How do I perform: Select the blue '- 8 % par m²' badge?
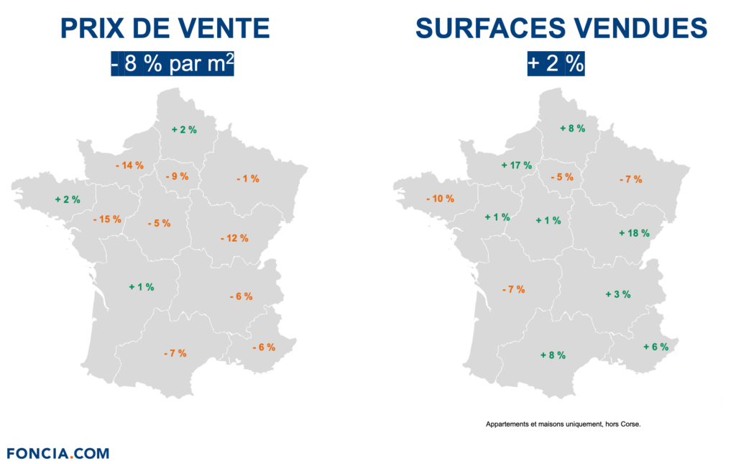point(173,63)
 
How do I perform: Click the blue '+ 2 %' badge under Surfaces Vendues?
point(556,63)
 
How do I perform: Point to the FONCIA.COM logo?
point(58,453)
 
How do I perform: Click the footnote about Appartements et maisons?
point(563,424)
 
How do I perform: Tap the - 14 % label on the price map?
point(129,165)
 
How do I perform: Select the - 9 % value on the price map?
point(177,176)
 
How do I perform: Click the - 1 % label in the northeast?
point(247,178)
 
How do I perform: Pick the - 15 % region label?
point(107,219)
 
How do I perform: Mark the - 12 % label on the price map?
point(234,237)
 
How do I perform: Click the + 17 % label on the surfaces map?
point(516,165)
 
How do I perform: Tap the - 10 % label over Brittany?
point(440,199)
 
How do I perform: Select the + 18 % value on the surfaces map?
point(634,233)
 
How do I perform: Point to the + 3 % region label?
point(617,294)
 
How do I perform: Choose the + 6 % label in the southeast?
point(655,347)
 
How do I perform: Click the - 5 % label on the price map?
point(159,223)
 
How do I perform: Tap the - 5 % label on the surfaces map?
point(562,177)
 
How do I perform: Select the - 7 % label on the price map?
point(175,353)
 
